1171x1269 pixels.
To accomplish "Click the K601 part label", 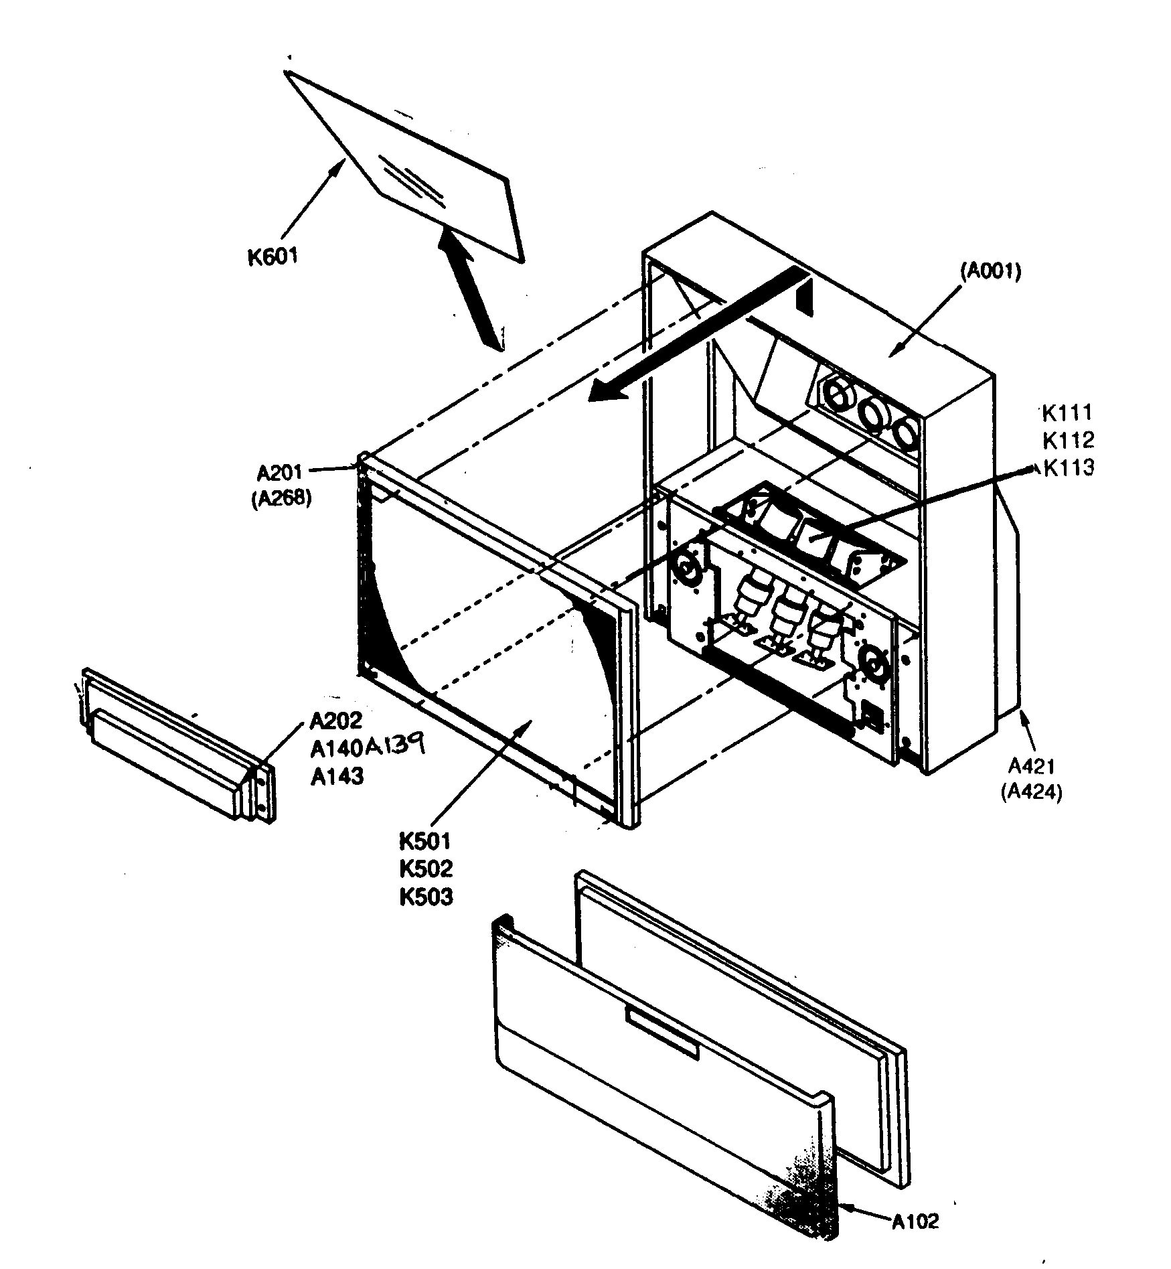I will [272, 256].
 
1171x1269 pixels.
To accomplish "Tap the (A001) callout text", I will [990, 271].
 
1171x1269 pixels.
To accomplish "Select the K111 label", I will [1067, 413].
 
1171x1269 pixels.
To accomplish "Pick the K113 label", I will [1069, 467].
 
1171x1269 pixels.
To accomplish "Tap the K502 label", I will [426, 869].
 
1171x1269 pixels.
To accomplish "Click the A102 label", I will [915, 1221].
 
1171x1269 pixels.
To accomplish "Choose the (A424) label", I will [1031, 792].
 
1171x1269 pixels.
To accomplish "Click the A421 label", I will [1032, 765].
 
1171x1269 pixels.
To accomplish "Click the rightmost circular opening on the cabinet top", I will [907, 433].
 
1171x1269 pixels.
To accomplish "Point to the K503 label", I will [426, 897].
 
